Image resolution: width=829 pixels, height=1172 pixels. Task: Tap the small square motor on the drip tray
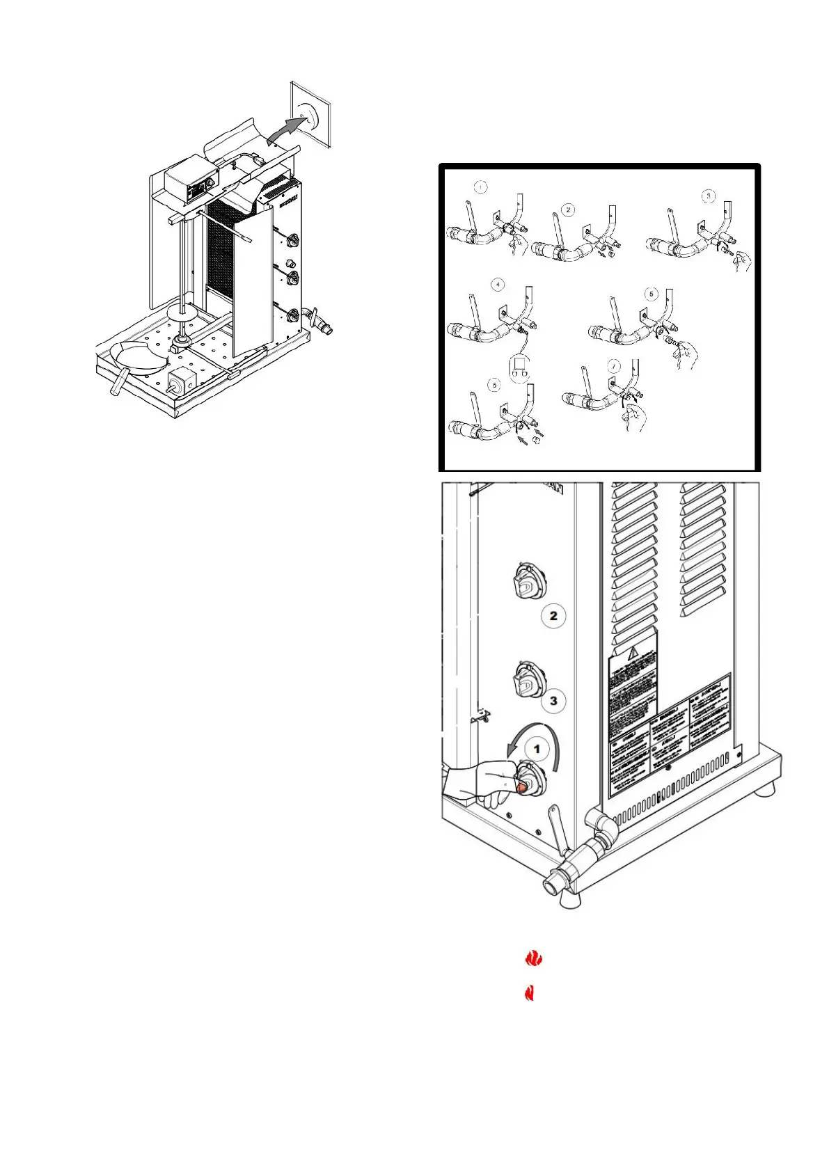tap(183, 382)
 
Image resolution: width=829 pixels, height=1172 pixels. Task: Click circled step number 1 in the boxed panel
tap(480, 187)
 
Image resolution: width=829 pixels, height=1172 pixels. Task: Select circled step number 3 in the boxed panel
tap(708, 196)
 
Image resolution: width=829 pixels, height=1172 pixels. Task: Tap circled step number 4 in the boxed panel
tap(498, 285)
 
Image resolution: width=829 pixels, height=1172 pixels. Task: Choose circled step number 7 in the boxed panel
tap(613, 365)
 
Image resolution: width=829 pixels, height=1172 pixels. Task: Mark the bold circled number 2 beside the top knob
tap(553, 616)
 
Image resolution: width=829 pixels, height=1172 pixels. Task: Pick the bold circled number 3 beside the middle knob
tap(553, 700)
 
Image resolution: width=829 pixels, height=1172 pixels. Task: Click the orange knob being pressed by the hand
tap(521, 787)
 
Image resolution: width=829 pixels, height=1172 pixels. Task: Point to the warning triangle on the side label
tap(633, 653)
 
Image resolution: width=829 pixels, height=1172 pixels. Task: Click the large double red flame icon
tap(533, 958)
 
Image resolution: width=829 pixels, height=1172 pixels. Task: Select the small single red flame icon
tap(529, 992)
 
